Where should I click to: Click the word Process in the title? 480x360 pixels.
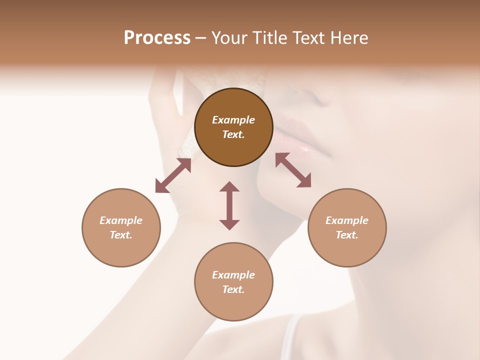coord(157,38)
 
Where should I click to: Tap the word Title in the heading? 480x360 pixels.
coord(269,38)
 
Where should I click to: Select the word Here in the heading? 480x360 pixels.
coord(349,38)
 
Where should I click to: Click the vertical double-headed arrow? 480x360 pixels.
coord(229,206)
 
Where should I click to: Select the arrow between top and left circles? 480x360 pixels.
coord(173,175)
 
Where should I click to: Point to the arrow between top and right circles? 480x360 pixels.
coord(293,170)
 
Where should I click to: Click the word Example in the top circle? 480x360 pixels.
coord(233,120)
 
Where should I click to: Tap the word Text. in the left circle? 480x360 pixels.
coord(121,235)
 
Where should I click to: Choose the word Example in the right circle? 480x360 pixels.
coord(347,220)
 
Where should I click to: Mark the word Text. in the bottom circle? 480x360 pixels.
coord(233,289)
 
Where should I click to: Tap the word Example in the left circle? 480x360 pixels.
coord(121,220)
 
